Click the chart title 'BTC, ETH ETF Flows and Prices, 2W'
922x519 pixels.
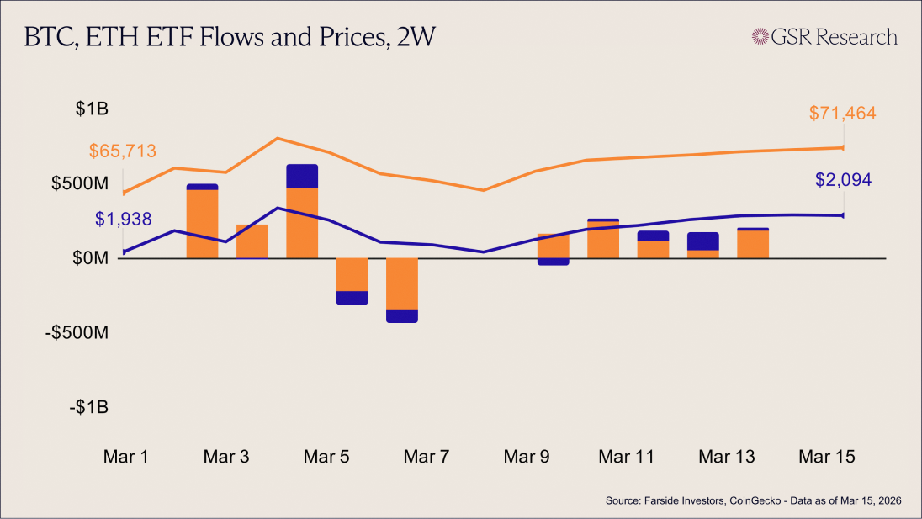[230, 38]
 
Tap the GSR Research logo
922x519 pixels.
[824, 37]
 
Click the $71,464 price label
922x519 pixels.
[843, 113]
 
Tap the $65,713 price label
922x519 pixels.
[123, 151]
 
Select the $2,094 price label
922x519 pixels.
[843, 179]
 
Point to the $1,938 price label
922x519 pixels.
[123, 220]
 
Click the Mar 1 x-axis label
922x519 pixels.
[126, 457]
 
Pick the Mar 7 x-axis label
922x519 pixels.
[427, 457]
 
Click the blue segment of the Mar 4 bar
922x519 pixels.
[302, 176]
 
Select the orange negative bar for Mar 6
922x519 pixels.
[402, 283]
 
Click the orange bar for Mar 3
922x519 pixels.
[252, 241]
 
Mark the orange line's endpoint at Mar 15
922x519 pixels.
[843, 148]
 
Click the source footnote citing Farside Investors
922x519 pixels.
[753, 501]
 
